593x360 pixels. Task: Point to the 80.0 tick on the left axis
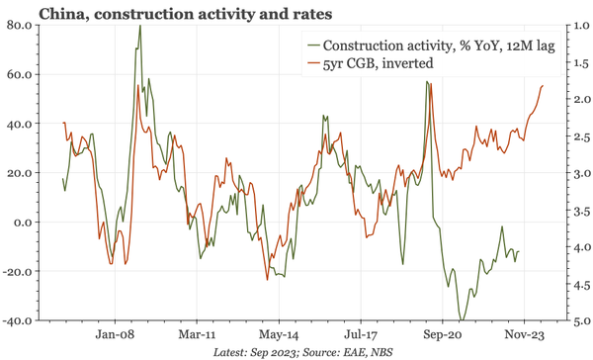20,25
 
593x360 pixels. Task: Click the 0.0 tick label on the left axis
23,222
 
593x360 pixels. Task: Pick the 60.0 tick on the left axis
20,74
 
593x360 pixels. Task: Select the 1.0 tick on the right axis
572,25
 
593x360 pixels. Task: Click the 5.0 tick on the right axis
572,320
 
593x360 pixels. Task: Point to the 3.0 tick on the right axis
572,173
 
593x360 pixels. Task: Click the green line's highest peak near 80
139,26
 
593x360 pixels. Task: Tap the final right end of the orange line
543,86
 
